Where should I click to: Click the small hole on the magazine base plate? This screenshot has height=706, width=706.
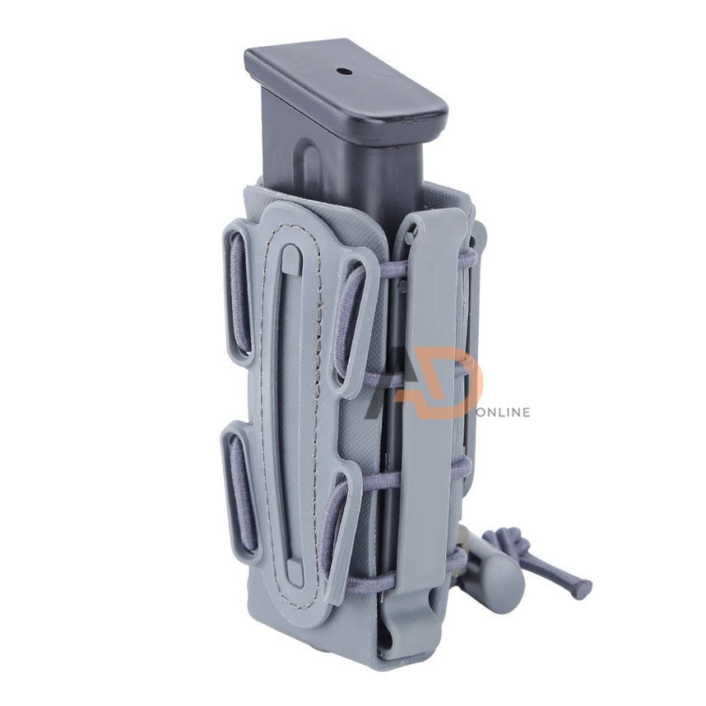(343, 71)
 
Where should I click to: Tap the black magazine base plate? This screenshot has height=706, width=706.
(346, 90)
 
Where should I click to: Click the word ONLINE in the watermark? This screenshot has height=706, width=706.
(503, 412)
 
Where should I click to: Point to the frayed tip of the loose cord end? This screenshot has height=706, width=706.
(584, 586)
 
